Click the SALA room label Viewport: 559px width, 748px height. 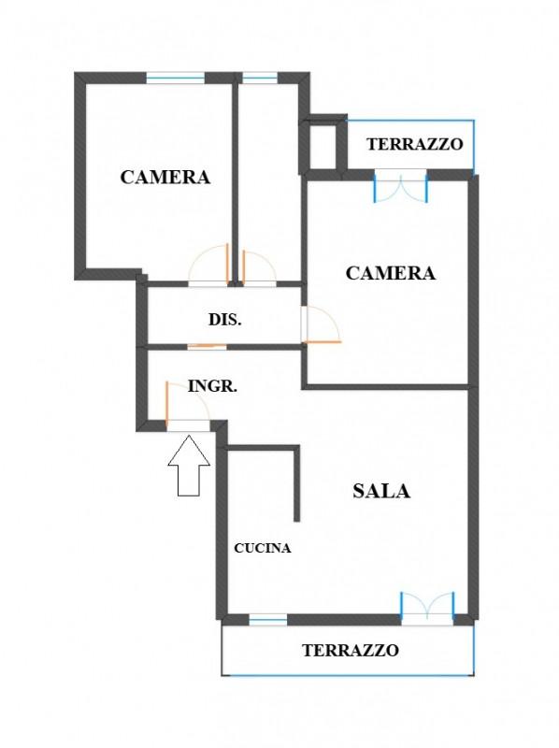tap(381, 491)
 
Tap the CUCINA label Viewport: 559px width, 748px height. tap(263, 548)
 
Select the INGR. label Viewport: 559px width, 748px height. tap(213, 386)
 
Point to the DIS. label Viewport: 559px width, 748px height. tap(225, 319)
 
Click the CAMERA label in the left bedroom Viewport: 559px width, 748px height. tap(165, 177)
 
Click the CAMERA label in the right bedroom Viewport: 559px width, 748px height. tap(391, 273)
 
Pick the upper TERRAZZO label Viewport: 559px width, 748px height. tap(415, 144)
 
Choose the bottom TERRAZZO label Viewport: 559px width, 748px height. tap(351, 650)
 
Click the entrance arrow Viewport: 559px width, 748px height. tap(189, 465)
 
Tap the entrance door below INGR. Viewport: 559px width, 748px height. tap(188, 406)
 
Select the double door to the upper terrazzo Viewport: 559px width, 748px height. tap(401, 186)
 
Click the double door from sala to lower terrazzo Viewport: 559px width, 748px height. tap(427, 609)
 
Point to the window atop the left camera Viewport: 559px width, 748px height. tap(175, 78)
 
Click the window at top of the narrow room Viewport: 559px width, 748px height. tap(260, 78)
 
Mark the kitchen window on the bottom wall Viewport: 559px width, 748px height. tap(268, 620)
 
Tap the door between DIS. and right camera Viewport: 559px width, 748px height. tap(321, 324)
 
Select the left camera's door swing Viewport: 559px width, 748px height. tap(208, 265)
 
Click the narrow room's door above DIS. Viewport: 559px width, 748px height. tap(260, 268)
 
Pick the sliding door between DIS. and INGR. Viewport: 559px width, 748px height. tap(207, 346)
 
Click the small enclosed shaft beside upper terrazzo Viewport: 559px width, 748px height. tap(323, 146)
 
